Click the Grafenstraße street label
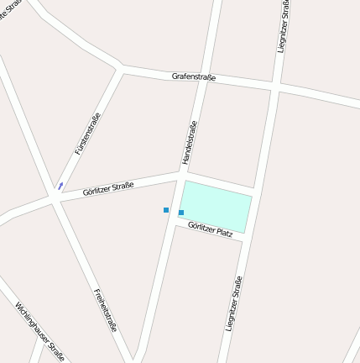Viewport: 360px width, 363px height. (194, 77)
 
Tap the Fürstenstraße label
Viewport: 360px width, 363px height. (87, 134)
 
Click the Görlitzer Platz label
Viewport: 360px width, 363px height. (210, 228)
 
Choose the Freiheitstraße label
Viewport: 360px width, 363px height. (105, 309)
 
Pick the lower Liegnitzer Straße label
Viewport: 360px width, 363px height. (234, 303)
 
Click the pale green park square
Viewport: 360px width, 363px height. (217, 206)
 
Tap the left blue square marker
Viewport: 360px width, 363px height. (166, 210)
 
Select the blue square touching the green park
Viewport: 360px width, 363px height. (181, 213)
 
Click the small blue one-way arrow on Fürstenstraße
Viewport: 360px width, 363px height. (60, 185)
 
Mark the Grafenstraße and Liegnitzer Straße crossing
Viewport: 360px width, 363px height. (275, 87)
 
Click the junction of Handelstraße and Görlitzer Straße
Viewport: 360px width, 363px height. (181, 174)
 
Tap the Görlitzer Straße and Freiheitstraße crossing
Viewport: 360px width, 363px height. (55, 199)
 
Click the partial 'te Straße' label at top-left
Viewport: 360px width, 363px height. (10, 12)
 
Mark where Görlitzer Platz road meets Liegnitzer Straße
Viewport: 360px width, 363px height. (245, 239)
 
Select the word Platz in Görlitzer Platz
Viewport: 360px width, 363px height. (222, 231)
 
